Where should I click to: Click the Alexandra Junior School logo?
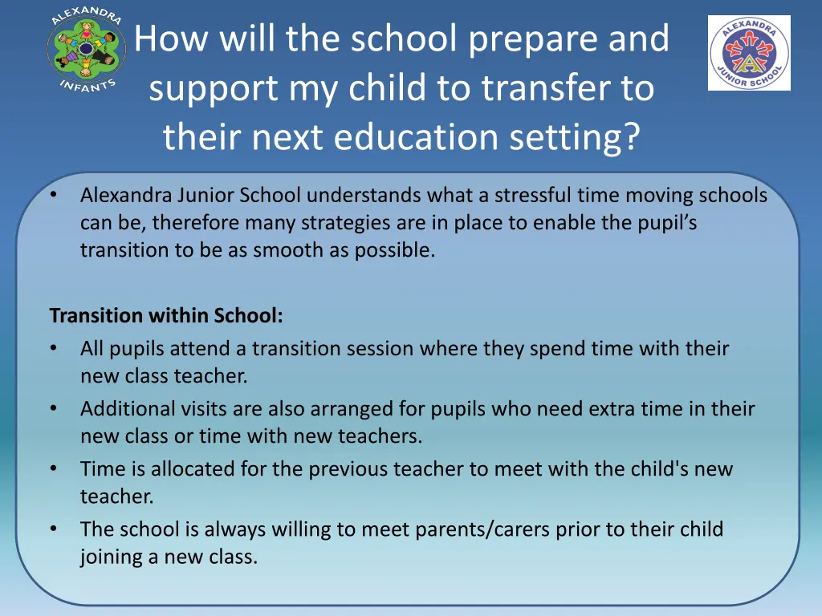[748, 53]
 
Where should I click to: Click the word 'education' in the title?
[424, 137]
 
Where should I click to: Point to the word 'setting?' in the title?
[580, 137]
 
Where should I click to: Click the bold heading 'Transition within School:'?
[166, 316]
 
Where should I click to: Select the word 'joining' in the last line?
[108, 557]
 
